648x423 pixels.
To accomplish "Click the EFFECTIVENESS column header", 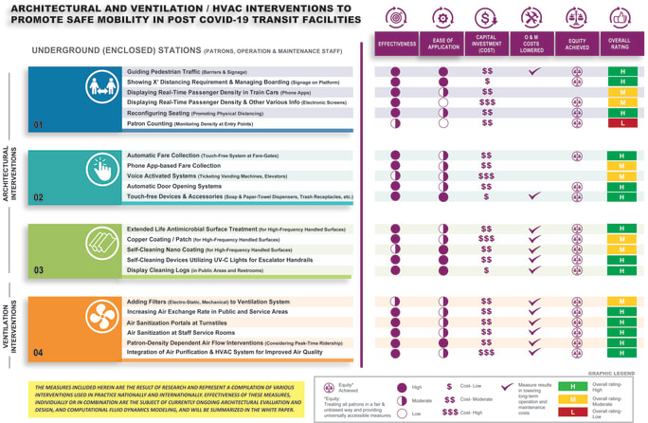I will tap(396, 44).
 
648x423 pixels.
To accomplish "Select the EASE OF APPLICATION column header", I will tap(442, 44).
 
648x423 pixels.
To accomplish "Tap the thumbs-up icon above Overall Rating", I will tap(621, 18).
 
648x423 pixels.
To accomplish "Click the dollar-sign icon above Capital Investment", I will tap(487, 18).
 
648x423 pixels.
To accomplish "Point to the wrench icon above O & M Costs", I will tap(532, 18).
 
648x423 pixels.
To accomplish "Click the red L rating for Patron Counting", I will tap(621, 123).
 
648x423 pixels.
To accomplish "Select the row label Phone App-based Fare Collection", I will tap(173, 166).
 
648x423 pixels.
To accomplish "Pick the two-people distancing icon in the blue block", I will tap(101, 88).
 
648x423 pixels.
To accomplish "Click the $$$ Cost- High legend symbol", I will tap(452, 413).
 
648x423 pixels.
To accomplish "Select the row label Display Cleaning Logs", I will tap(195, 270).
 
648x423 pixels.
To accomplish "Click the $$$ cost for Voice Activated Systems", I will tap(486, 176).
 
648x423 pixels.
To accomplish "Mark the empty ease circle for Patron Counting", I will tap(442, 123).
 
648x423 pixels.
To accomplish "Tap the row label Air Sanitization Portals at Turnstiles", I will tap(177, 323).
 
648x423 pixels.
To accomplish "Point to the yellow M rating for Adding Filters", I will tap(621, 302).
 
